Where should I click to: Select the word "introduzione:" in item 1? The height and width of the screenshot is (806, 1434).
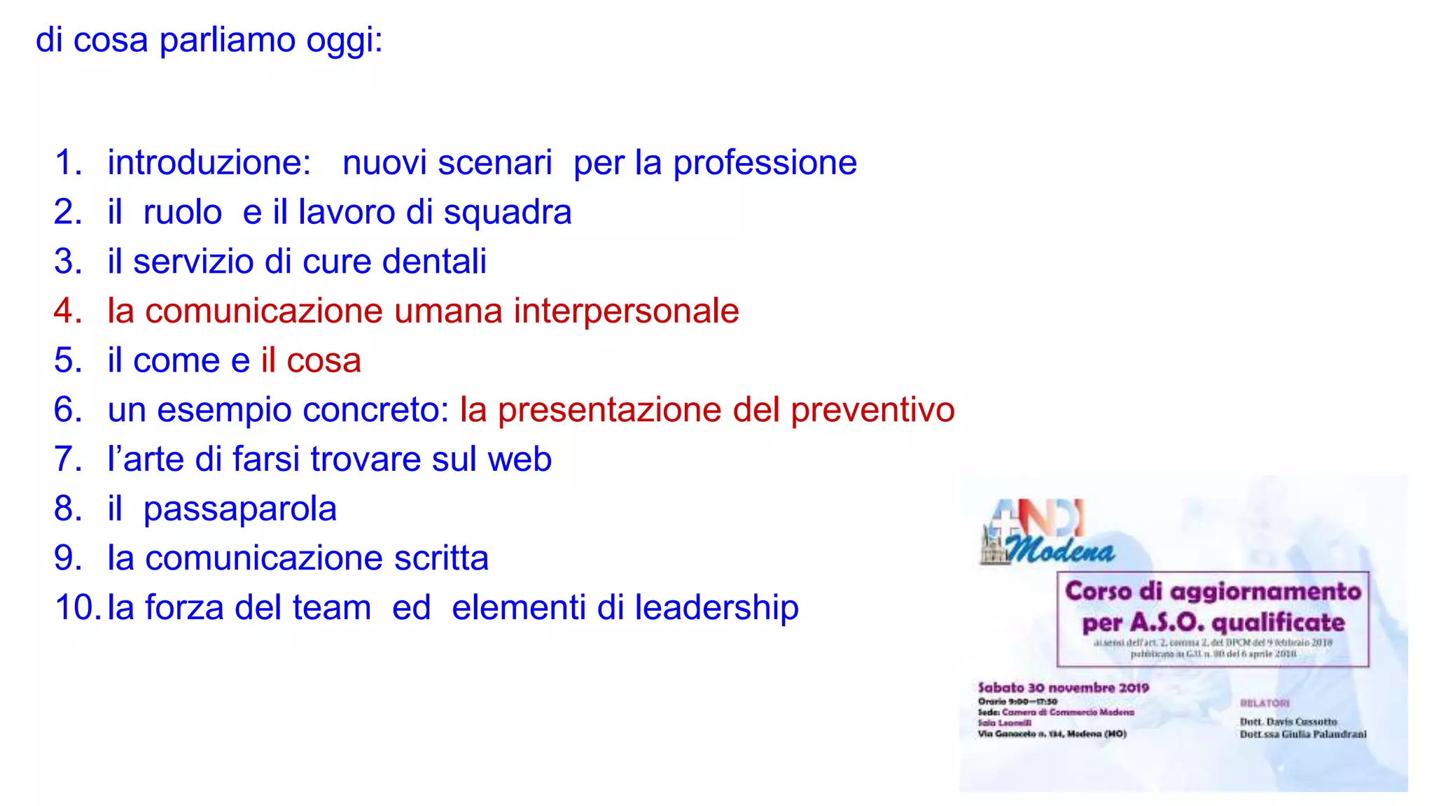pyautogui.click(x=209, y=163)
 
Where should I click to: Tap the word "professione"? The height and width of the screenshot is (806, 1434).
pyautogui.click(x=765, y=163)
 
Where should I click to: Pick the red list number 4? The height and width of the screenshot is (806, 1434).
pyautogui.click(x=67, y=311)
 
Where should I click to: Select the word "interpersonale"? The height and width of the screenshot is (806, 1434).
pyautogui.click(x=626, y=311)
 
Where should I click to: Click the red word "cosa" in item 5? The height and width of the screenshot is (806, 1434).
pyautogui.click(x=323, y=361)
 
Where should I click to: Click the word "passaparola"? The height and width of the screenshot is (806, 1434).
pyautogui.click(x=239, y=509)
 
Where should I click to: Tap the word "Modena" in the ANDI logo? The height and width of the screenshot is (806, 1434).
pyautogui.click(x=1059, y=551)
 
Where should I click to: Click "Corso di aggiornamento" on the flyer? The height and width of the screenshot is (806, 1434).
pyautogui.click(x=1213, y=591)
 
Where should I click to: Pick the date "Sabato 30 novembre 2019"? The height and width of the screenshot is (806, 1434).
pyautogui.click(x=1063, y=688)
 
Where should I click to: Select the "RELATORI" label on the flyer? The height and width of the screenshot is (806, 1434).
pyautogui.click(x=1265, y=703)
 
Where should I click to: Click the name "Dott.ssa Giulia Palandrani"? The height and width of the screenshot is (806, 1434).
pyautogui.click(x=1302, y=734)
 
